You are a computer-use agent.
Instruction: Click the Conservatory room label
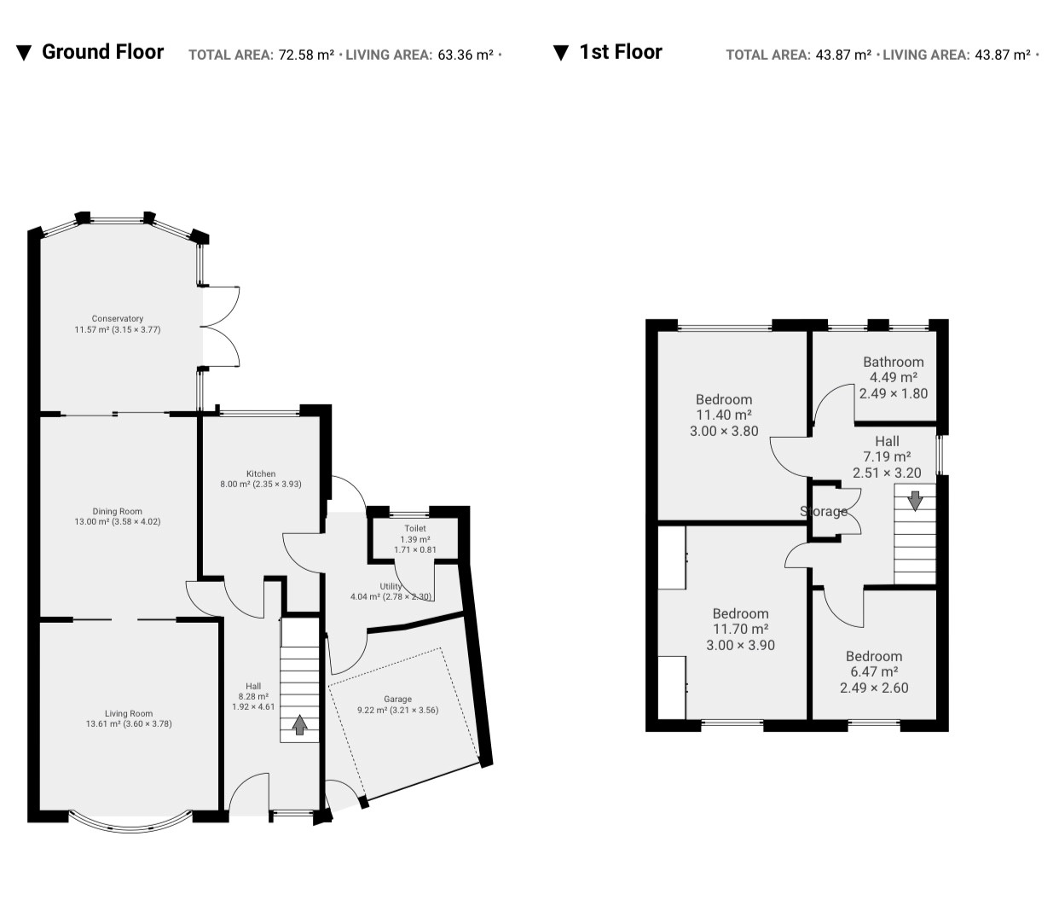click(118, 318)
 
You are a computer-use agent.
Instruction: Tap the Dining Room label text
click(118, 511)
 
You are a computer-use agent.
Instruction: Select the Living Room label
click(129, 713)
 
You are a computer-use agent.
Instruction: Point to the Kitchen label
click(261, 473)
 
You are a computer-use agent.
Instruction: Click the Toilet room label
click(415, 528)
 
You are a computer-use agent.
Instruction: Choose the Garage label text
click(397, 699)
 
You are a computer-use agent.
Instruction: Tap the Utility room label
click(391, 586)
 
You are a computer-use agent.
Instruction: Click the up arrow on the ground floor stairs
click(300, 725)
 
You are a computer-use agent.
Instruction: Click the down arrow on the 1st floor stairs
click(915, 501)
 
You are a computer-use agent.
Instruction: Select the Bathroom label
click(894, 362)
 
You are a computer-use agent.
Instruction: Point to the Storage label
click(824, 511)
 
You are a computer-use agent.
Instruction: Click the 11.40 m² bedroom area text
click(724, 415)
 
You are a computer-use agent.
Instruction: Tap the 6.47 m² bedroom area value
click(874, 671)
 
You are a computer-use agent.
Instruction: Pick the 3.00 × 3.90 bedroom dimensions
click(740, 645)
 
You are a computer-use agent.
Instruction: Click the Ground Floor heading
click(102, 52)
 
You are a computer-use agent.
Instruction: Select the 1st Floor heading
click(621, 52)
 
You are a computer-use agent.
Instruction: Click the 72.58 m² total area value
click(306, 55)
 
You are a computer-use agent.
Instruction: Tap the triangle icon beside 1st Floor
click(561, 53)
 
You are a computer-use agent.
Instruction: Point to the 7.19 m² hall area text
click(887, 456)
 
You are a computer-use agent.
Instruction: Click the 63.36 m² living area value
click(466, 55)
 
